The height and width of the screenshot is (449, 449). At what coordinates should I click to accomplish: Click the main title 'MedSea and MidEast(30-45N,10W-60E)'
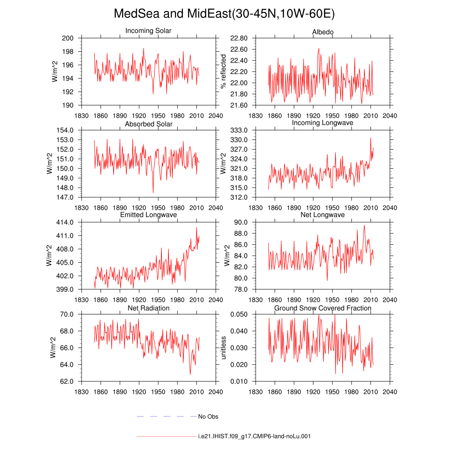(x=224, y=14)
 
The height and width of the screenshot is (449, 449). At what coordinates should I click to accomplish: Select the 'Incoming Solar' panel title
(x=148, y=31)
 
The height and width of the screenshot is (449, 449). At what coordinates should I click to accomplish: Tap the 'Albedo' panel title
(x=323, y=32)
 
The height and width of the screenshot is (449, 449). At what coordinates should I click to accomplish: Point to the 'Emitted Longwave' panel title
(x=148, y=215)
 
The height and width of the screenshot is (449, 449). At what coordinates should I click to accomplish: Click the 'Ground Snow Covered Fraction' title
(x=323, y=308)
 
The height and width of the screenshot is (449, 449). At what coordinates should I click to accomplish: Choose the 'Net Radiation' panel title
(x=148, y=308)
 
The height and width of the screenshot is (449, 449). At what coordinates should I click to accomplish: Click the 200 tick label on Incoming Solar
(x=68, y=38)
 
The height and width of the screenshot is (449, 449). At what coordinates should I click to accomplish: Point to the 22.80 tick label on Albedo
(x=239, y=38)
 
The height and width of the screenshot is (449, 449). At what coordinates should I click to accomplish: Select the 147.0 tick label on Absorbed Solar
(x=65, y=197)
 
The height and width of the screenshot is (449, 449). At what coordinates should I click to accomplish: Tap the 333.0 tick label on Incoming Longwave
(x=239, y=130)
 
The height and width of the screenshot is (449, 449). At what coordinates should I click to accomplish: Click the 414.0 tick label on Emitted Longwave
(x=65, y=222)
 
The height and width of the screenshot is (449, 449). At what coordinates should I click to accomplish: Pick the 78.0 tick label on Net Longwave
(x=241, y=289)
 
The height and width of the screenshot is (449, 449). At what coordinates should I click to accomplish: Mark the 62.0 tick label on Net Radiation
(x=67, y=381)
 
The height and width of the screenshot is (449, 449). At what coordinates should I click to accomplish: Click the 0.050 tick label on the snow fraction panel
(x=239, y=314)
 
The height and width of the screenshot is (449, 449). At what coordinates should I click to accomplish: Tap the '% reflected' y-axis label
(x=223, y=71)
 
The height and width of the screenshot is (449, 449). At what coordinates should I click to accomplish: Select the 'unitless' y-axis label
(x=223, y=348)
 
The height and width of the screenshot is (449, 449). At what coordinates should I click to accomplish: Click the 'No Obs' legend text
(x=208, y=417)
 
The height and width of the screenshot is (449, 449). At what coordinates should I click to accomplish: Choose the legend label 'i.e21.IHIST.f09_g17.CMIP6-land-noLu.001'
(x=254, y=436)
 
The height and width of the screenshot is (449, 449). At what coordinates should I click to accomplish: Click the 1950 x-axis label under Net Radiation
(x=158, y=392)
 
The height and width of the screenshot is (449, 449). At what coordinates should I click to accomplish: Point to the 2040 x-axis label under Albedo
(x=390, y=116)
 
